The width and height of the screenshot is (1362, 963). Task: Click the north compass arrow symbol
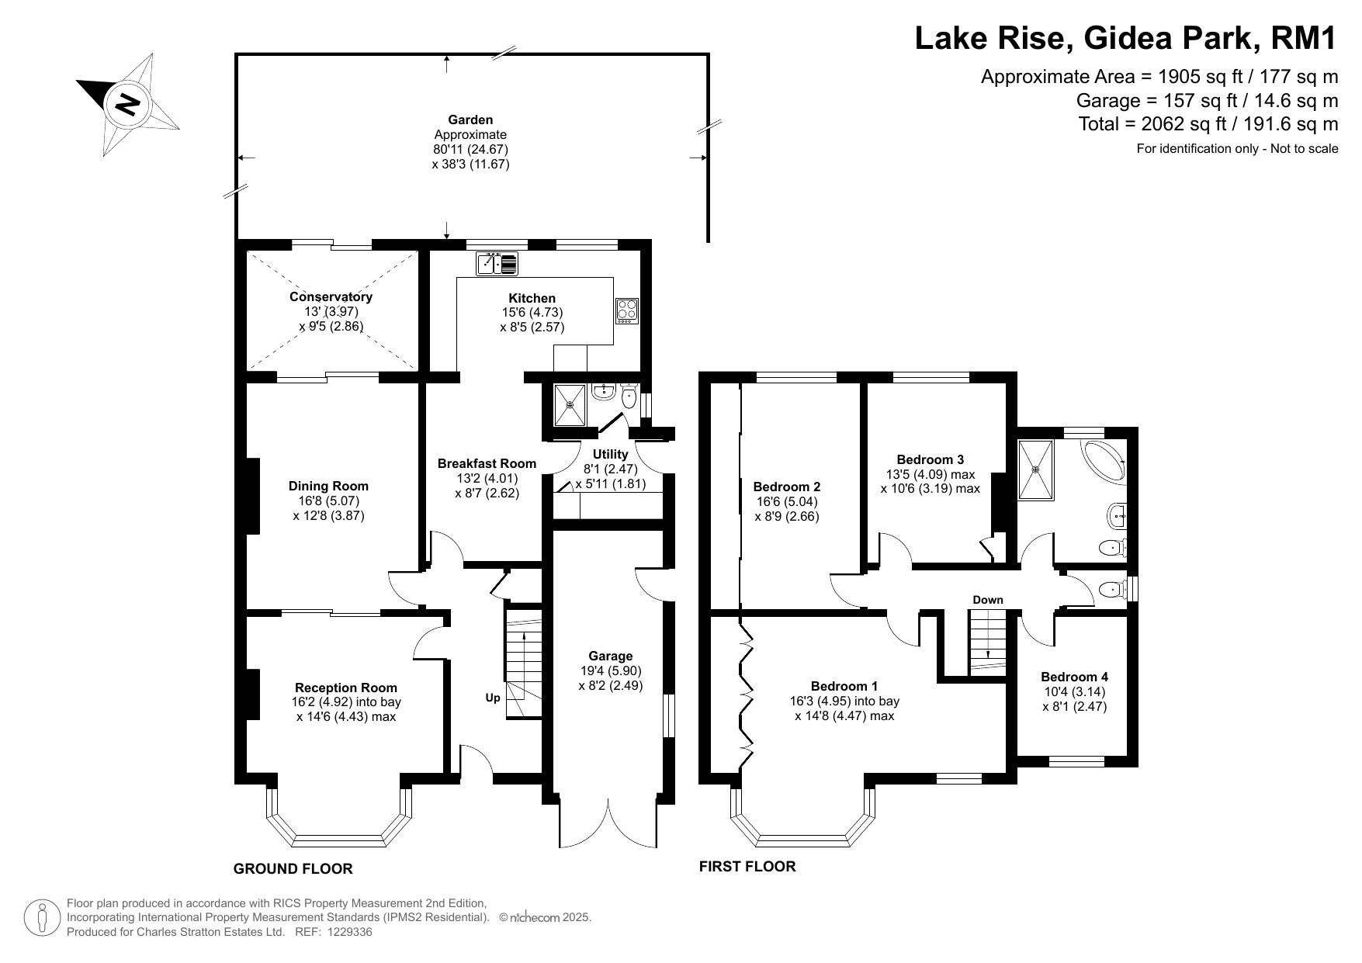point(128,104)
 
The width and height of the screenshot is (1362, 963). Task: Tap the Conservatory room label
point(331,296)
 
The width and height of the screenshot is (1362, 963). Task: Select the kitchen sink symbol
point(497,264)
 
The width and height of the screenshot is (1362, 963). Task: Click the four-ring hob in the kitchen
point(626,311)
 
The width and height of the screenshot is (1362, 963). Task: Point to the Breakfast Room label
point(487,463)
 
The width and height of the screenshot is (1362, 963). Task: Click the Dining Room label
point(328,486)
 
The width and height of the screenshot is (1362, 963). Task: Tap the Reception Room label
point(346,688)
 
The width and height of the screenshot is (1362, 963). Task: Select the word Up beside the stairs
point(493,698)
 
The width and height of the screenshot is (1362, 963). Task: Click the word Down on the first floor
point(988,600)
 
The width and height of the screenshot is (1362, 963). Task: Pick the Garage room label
point(611,656)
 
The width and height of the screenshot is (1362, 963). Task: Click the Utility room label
point(611,454)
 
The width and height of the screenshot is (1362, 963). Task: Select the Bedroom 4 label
point(1075,677)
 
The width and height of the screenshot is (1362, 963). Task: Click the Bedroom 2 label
point(787,487)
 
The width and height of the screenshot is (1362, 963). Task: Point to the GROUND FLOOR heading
point(293,869)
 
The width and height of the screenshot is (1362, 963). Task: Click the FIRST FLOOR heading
point(747,867)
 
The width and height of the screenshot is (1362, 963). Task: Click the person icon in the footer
point(43,918)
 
